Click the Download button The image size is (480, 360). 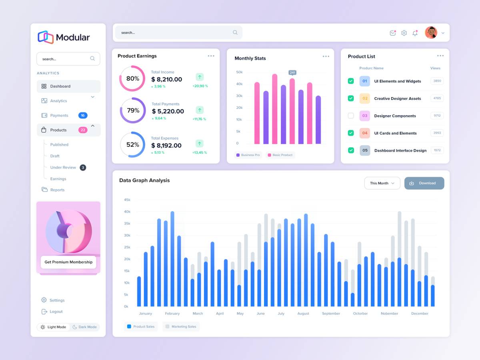tap(424, 183)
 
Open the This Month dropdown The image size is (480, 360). tap(382, 183)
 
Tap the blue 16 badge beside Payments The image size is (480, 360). tap(83, 116)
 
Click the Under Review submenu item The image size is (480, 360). tap(63, 168)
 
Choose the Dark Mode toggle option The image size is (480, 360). tap(84, 327)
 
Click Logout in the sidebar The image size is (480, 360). tap(56, 312)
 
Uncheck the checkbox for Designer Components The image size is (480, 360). tap(351, 116)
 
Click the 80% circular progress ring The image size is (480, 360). tap(132, 79)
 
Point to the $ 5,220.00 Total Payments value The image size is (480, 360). tap(168, 112)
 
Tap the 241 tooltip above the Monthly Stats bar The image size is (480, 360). tap(292, 72)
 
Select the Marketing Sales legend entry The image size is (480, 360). tap(181, 327)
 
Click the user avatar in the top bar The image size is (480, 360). tap(431, 33)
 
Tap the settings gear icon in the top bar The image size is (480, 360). tap(404, 33)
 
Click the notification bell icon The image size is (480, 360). tap(415, 33)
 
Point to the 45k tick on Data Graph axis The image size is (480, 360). tap(127, 200)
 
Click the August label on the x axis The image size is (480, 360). tap(303, 314)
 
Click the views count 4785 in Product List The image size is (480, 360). tap(437, 98)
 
